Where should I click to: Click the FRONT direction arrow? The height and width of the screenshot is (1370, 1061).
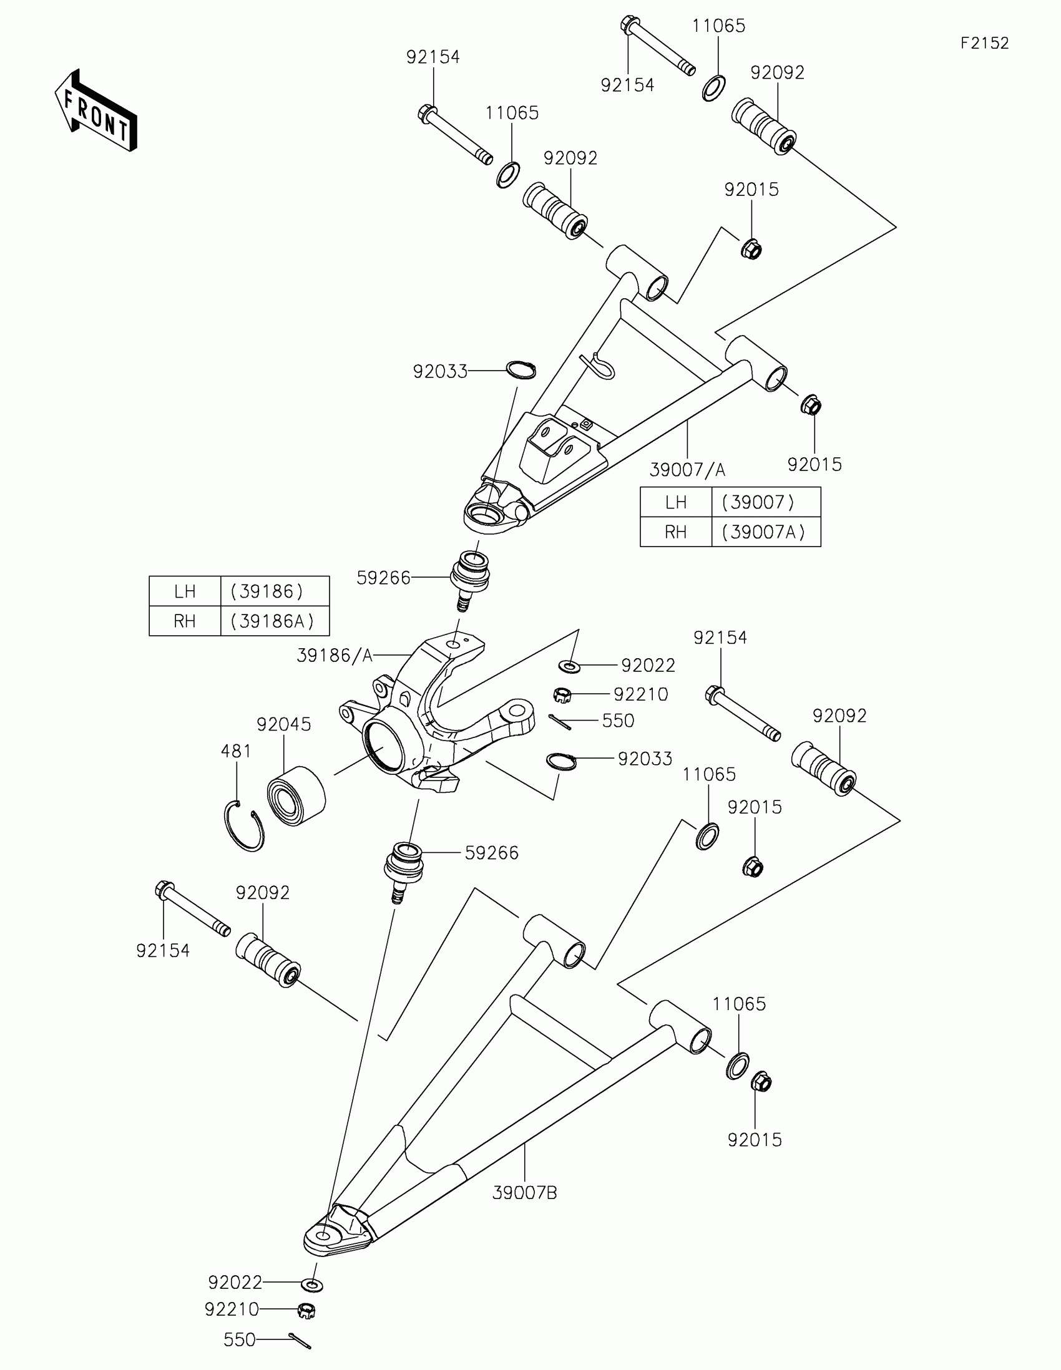[x=95, y=110]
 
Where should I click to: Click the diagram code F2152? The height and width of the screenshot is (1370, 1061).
[x=984, y=43]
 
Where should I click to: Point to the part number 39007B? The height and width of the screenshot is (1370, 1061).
[x=524, y=1192]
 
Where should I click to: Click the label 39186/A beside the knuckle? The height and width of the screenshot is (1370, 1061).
[x=335, y=656]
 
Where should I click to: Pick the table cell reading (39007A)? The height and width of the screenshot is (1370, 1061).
[x=765, y=532]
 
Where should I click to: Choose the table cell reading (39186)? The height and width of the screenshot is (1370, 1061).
[x=274, y=591]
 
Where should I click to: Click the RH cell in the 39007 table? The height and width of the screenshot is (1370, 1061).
[x=675, y=532]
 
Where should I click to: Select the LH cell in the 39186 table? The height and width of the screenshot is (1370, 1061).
[x=185, y=591]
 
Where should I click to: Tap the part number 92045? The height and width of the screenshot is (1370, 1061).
[x=283, y=724]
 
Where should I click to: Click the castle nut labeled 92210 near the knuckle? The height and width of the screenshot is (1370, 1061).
[x=562, y=694]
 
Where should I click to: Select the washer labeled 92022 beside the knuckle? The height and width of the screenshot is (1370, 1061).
[x=569, y=665]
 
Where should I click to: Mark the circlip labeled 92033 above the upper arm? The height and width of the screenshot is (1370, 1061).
[x=521, y=370]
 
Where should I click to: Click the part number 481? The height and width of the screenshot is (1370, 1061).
[x=236, y=751]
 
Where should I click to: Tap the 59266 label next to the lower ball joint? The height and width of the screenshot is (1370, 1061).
[x=491, y=852]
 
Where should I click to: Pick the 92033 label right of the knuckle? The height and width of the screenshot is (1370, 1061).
[x=644, y=759]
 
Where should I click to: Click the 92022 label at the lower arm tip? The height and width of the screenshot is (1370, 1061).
[x=235, y=1282]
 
